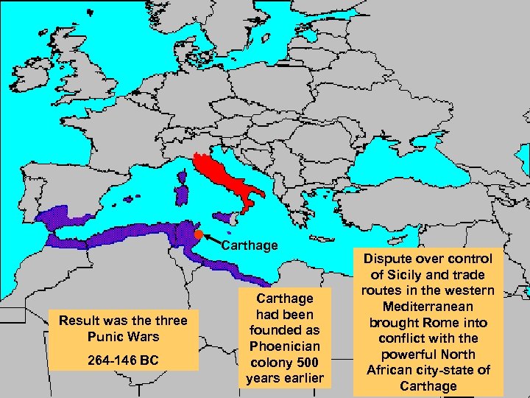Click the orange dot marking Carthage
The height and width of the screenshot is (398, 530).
tap(198, 235)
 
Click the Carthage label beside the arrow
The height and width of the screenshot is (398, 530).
tap(250, 245)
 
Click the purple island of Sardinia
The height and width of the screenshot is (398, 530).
tap(180, 195)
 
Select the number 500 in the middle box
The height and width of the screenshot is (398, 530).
tap(308, 362)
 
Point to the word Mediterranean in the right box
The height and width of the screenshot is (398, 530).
tap(428, 306)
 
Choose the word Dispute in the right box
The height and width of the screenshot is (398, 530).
tap(389, 258)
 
